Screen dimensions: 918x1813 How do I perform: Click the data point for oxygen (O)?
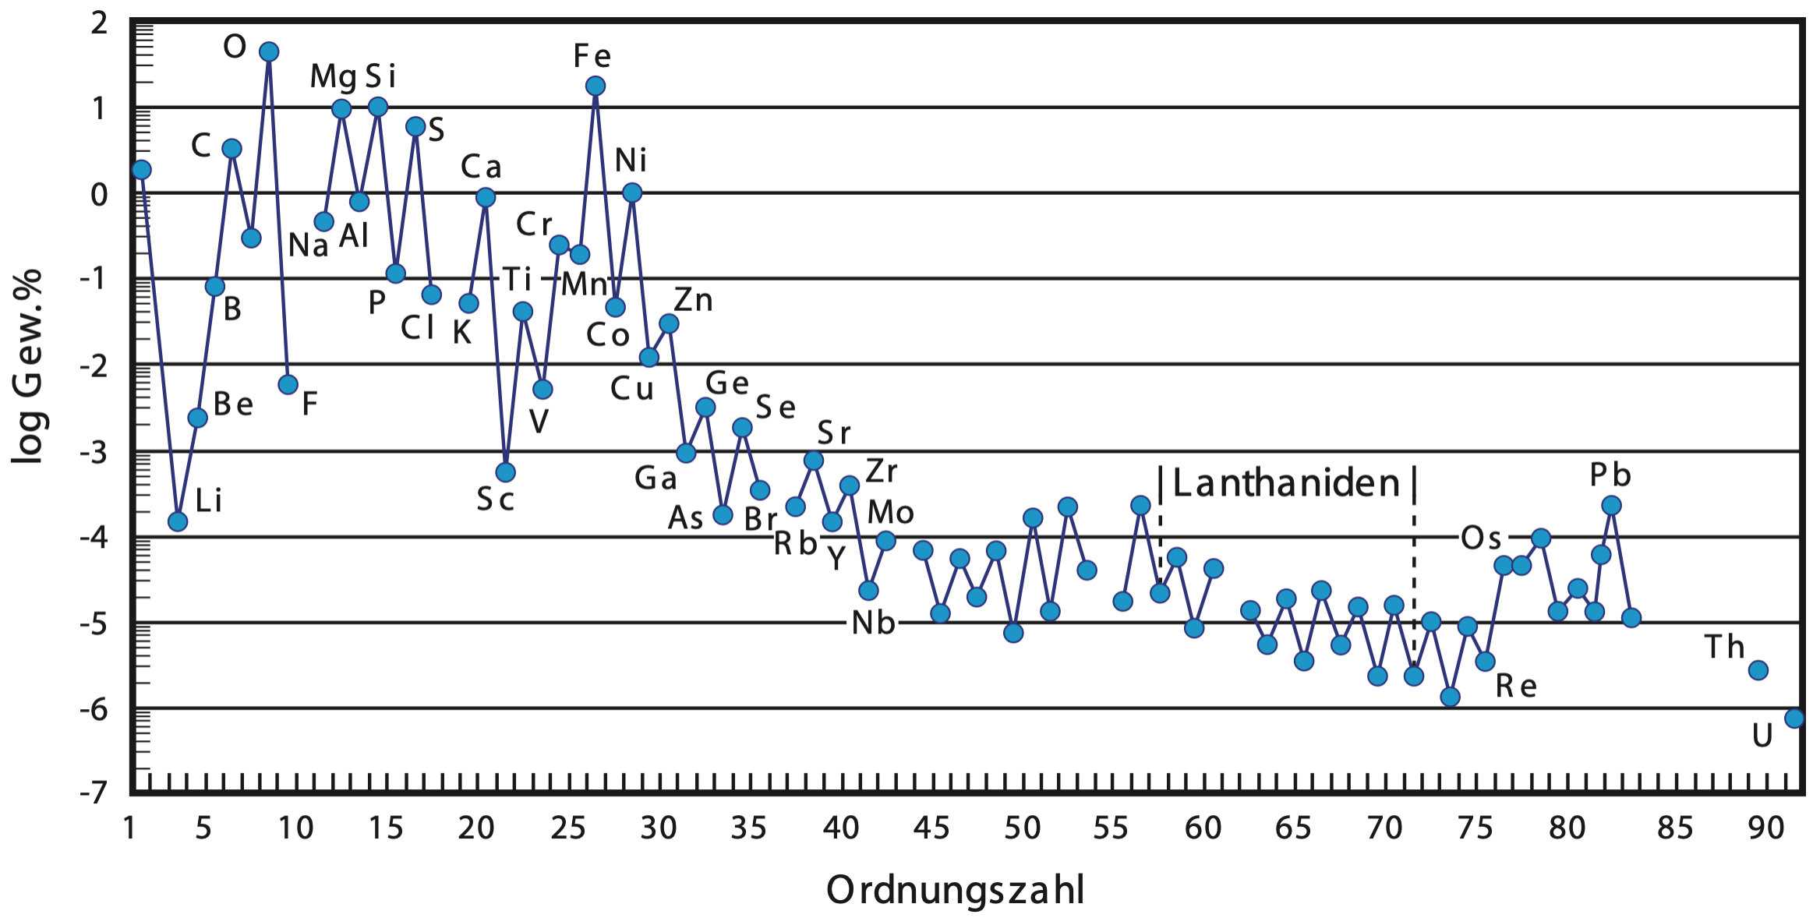(x=269, y=52)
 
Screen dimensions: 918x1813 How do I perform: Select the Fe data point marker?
(x=595, y=86)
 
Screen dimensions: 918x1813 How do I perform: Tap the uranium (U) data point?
(x=1794, y=718)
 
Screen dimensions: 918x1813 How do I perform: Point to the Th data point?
(x=1758, y=670)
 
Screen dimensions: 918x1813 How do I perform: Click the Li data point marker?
(x=178, y=521)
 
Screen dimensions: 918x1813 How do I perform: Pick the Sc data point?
(x=506, y=472)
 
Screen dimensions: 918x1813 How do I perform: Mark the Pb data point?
(x=1612, y=506)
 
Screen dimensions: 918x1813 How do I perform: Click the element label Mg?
(x=333, y=77)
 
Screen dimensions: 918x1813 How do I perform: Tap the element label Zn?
(x=693, y=300)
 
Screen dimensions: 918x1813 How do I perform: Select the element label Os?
(x=1481, y=538)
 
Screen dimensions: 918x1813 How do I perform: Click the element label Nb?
(x=873, y=623)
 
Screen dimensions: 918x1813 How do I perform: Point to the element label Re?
(x=1516, y=686)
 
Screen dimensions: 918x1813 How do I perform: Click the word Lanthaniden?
(x=1287, y=483)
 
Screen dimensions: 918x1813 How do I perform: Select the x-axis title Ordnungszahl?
(x=955, y=890)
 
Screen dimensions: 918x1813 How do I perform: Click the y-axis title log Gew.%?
(x=28, y=366)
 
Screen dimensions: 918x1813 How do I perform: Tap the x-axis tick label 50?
(x=1022, y=828)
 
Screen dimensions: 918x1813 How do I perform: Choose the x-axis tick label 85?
(x=1675, y=828)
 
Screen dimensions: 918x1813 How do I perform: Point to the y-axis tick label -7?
(x=94, y=793)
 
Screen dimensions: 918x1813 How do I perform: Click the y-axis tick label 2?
(x=99, y=23)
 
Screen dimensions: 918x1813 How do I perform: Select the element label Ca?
(x=481, y=167)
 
